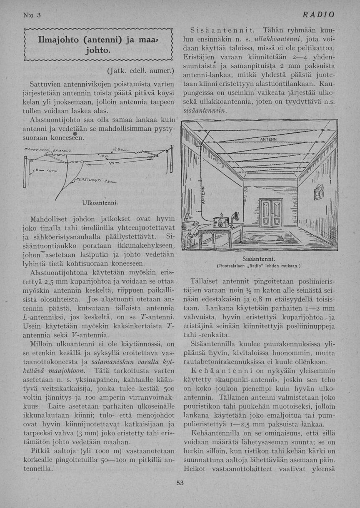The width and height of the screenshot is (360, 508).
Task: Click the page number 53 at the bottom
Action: click(x=180, y=483)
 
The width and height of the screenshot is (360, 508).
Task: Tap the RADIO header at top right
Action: click(x=319, y=15)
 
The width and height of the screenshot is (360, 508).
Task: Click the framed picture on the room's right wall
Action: click(x=318, y=192)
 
